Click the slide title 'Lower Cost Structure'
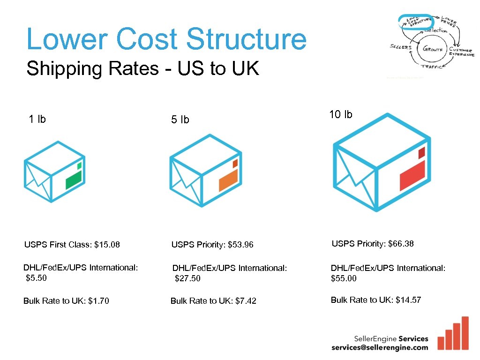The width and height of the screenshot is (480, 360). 166,39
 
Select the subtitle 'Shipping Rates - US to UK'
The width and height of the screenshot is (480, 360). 142,69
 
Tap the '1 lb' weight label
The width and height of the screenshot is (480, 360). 37,119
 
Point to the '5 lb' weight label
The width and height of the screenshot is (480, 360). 180,120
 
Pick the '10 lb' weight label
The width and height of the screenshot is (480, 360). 341,114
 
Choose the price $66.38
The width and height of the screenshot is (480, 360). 401,243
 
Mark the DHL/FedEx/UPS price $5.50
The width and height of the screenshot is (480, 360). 37,277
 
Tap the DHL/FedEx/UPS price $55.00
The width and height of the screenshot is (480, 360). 344,278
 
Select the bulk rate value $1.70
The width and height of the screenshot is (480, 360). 98,301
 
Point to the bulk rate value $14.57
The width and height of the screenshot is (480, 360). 408,300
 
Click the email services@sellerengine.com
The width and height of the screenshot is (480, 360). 380,347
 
